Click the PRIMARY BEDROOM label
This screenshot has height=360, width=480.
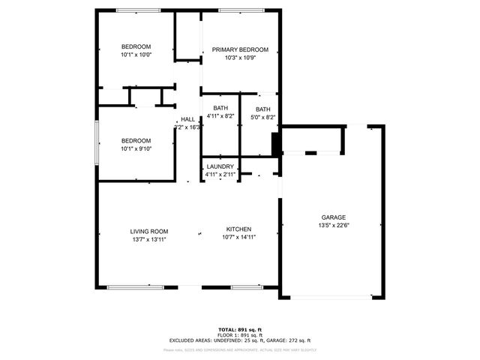pyautogui.click(x=239, y=49)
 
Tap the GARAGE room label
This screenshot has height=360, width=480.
pyautogui.click(x=334, y=217)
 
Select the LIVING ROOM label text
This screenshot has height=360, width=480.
pyautogui.click(x=148, y=231)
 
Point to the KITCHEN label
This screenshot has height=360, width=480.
pyautogui.click(x=238, y=229)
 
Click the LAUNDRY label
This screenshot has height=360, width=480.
pyautogui.click(x=220, y=166)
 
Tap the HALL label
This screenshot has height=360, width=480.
pyautogui.click(x=187, y=119)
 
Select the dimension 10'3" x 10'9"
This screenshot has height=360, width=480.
pyautogui.click(x=239, y=58)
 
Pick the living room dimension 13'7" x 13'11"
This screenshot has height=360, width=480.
pyautogui.click(x=148, y=239)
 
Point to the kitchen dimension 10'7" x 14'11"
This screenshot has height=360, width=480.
pyautogui.click(x=238, y=237)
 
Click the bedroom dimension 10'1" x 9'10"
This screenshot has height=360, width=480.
pyautogui.click(x=136, y=148)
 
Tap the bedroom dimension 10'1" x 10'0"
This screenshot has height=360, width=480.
pyautogui.click(x=136, y=55)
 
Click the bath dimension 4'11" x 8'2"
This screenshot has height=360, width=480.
pyautogui.click(x=220, y=116)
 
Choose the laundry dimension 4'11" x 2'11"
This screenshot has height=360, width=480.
pyautogui.click(x=220, y=174)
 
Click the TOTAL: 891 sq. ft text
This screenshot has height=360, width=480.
pyautogui.click(x=240, y=329)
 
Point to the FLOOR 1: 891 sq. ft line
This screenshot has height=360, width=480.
pyautogui.click(x=240, y=334)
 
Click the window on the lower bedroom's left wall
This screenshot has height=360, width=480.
pyautogui.click(x=96, y=142)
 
